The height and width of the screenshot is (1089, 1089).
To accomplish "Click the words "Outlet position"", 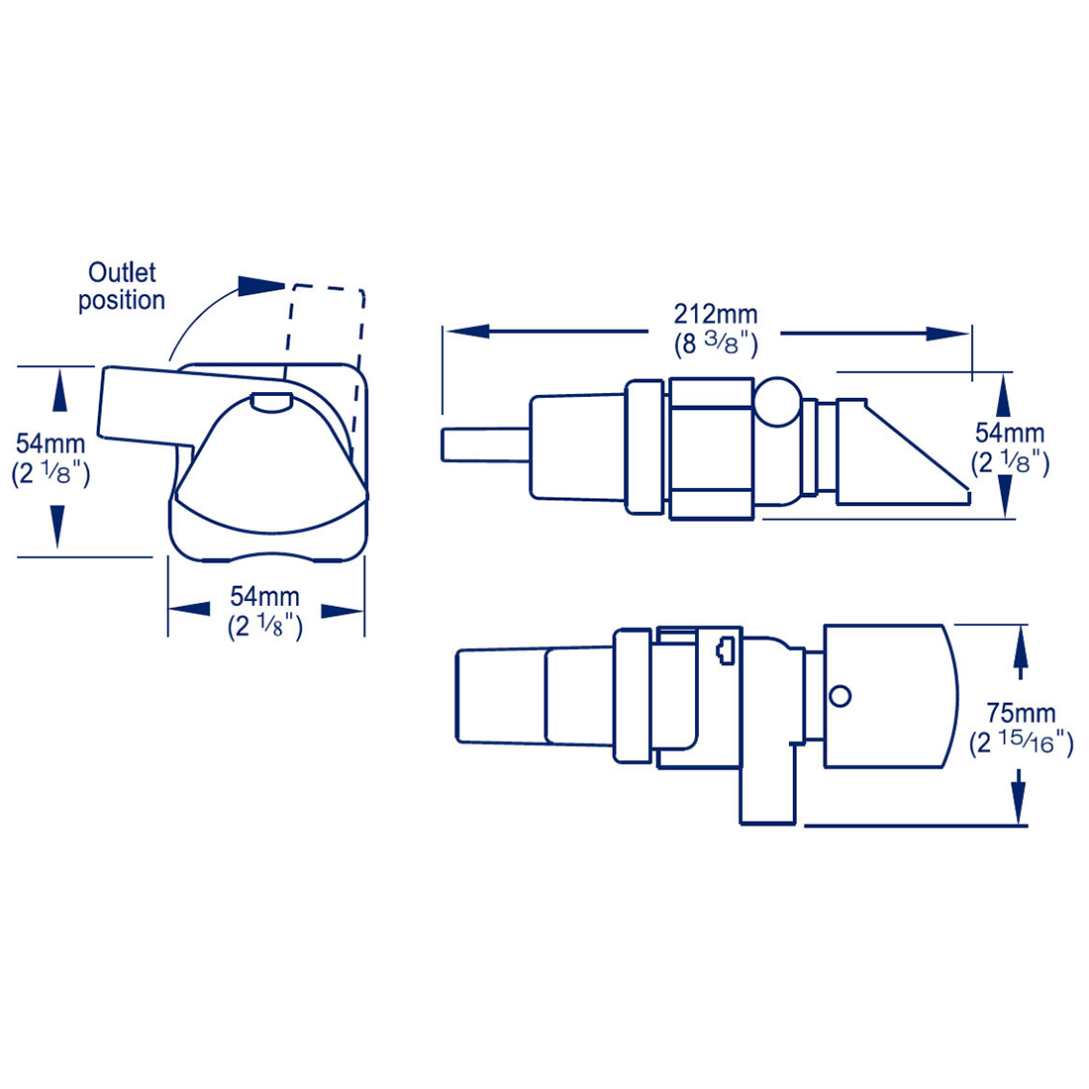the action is [x=122, y=286].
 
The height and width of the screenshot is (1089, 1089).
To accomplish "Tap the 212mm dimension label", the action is [x=716, y=314].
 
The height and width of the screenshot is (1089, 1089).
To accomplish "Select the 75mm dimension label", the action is [x=1021, y=713].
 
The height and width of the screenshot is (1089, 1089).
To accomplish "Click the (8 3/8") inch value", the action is [x=716, y=345].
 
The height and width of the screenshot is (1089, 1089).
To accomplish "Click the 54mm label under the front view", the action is [x=264, y=596].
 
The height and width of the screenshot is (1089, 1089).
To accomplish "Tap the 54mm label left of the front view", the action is [x=50, y=444].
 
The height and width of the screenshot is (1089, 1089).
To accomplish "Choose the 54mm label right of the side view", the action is [x=1009, y=433].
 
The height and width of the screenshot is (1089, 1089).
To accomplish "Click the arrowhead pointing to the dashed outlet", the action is [x=261, y=285].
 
